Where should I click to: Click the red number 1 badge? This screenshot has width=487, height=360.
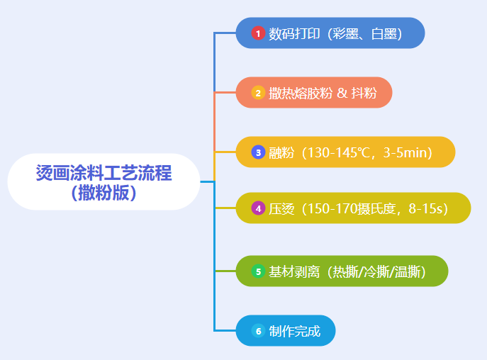pyautogui.click(x=258, y=33)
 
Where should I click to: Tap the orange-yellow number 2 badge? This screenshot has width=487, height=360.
pyautogui.click(x=258, y=93)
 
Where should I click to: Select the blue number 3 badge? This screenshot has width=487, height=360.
pyautogui.click(x=258, y=152)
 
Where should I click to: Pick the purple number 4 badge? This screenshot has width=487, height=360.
pyautogui.click(x=258, y=208)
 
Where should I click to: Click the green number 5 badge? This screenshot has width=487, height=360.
pyautogui.click(x=258, y=271)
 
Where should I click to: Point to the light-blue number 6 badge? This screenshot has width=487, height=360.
pyautogui.click(x=258, y=331)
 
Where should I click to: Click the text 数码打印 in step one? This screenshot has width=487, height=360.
pyautogui.click(x=294, y=33)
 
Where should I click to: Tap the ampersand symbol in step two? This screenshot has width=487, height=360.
pyautogui.click(x=342, y=93)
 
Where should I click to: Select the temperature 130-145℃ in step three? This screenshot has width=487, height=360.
pyautogui.click(x=341, y=152)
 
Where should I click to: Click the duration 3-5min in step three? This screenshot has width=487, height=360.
pyautogui.click(x=405, y=152)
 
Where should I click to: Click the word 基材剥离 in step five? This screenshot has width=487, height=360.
pyautogui.click(x=294, y=272)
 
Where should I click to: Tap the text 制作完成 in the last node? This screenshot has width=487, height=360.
pyautogui.click(x=294, y=331)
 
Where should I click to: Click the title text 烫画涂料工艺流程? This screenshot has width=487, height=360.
pyautogui.click(x=103, y=173)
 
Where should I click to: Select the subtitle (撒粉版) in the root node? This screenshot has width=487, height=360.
pyautogui.click(x=103, y=193)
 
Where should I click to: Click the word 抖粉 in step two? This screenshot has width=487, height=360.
pyautogui.click(x=364, y=93)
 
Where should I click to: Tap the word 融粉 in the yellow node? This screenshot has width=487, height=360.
pyautogui.click(x=281, y=153)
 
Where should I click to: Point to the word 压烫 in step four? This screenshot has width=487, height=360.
pyautogui.click(x=281, y=209)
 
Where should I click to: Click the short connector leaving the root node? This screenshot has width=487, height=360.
pyautogui.click(x=207, y=181)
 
